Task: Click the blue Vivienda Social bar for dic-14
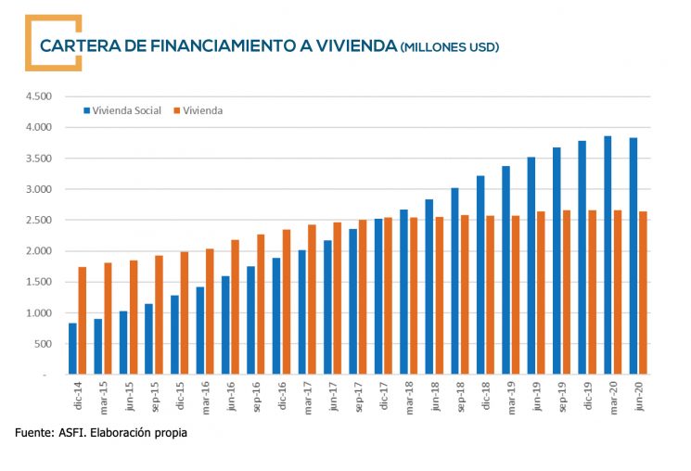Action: [73, 349]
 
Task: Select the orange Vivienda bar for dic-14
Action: [83, 321]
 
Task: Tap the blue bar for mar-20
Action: [608, 255]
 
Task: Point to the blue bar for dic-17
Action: [377, 297]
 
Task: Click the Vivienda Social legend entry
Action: [122, 110]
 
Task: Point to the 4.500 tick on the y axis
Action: [39, 96]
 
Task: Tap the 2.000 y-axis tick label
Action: [39, 251]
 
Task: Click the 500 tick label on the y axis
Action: [44, 344]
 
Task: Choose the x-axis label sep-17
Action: [357, 393]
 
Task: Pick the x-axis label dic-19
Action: [587, 393]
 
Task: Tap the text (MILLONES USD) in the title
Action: [449, 46]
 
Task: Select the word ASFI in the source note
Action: [70, 432]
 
